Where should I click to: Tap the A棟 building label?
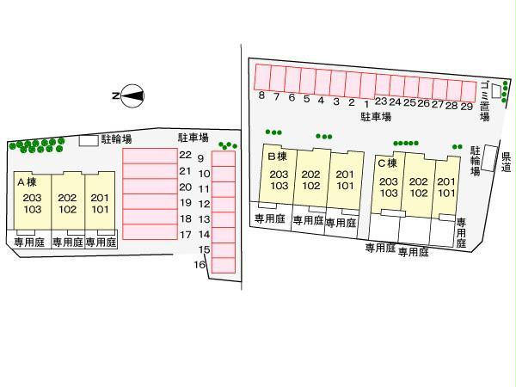click(27, 182)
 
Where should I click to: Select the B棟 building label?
click(276, 157)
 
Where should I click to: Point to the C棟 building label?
click(386, 163)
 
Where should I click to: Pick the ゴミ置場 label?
click(485, 100)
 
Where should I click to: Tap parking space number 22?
click(184, 155)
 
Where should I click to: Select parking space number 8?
click(261, 95)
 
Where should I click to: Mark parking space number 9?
click(200, 158)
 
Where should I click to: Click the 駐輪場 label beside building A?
click(116, 138)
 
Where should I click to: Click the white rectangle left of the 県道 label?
click(491, 158)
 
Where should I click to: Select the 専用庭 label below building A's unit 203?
click(28, 243)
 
